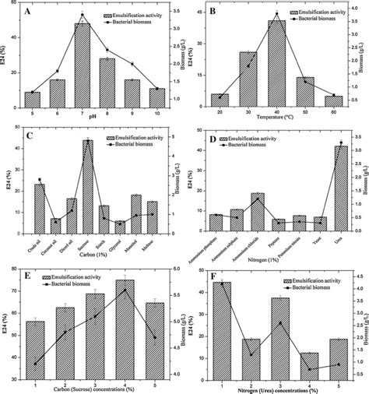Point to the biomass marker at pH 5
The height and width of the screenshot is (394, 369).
pyautogui.click(x=32, y=93)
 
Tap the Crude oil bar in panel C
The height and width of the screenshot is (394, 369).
pyautogui.click(x=40, y=207)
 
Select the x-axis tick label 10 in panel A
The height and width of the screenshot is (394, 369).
pyautogui.click(x=158, y=111)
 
